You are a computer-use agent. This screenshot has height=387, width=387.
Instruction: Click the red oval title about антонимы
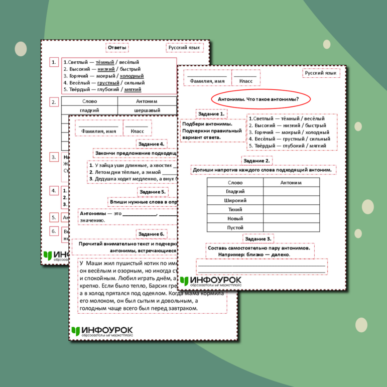point(258,99)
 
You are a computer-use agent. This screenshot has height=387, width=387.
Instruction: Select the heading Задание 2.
point(256,161)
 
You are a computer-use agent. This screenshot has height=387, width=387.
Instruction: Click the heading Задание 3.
point(258,239)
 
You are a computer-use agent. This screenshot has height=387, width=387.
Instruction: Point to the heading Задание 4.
point(151,144)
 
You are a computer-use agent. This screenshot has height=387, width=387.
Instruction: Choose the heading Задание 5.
point(152,192)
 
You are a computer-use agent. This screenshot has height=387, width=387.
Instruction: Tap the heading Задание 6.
point(151,234)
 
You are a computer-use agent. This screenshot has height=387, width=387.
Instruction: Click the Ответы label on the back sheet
point(117,48)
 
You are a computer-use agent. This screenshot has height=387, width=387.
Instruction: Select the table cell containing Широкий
point(235,201)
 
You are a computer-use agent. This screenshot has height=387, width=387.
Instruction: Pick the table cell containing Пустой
point(235,227)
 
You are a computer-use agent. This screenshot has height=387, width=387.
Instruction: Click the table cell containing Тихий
point(235,210)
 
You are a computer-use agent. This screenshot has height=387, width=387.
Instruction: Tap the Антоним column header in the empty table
point(291,183)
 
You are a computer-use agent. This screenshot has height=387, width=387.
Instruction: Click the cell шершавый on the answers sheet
point(147,110)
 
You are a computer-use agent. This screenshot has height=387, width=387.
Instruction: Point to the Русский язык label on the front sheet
point(321,73)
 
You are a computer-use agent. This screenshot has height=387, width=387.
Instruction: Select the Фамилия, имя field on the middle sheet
point(99,131)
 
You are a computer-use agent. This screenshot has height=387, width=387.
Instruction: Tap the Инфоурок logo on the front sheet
point(210,281)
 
